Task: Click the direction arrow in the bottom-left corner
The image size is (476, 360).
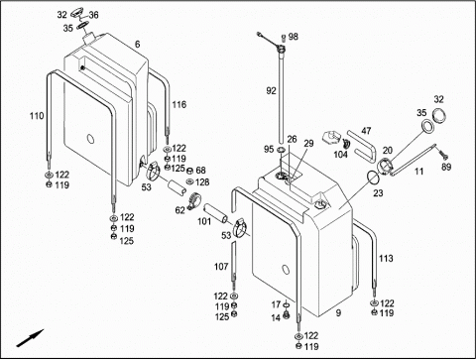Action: coord(30,338)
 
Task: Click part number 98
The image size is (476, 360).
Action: coord(293,37)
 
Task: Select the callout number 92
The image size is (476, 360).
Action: coord(271,90)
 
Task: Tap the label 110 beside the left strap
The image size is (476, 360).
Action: coord(37,116)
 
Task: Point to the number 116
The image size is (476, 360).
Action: coord(179,105)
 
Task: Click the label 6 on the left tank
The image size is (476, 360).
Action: coord(138,45)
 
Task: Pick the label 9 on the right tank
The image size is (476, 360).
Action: coord(338,312)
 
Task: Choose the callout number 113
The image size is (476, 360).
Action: coord(386,259)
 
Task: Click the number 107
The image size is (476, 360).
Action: coord(221,267)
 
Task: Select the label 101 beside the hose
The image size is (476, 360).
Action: coord(204,221)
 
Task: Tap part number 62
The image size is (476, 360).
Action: coord(180,210)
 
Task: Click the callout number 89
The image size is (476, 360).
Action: coord(446,167)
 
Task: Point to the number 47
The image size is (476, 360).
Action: coord(366,131)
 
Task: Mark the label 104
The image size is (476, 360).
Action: coord(340,155)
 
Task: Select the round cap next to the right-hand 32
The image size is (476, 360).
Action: coord(439,116)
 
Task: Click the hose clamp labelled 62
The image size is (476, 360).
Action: coord(192,201)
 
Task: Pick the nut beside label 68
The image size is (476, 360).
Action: coord(190,171)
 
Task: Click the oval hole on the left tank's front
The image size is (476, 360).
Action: coord(90,139)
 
